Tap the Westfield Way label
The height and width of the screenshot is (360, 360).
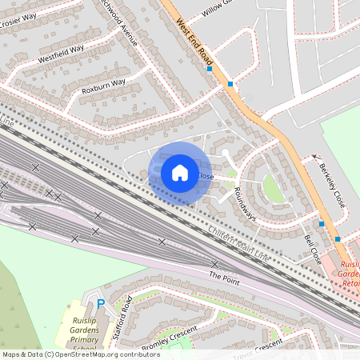pos(61,54)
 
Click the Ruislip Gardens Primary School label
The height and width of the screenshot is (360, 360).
pos(78,335)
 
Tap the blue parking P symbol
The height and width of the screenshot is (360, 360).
pos(101,303)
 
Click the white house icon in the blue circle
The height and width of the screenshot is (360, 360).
pos(180,172)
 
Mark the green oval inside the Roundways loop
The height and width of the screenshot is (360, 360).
pos(273,189)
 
